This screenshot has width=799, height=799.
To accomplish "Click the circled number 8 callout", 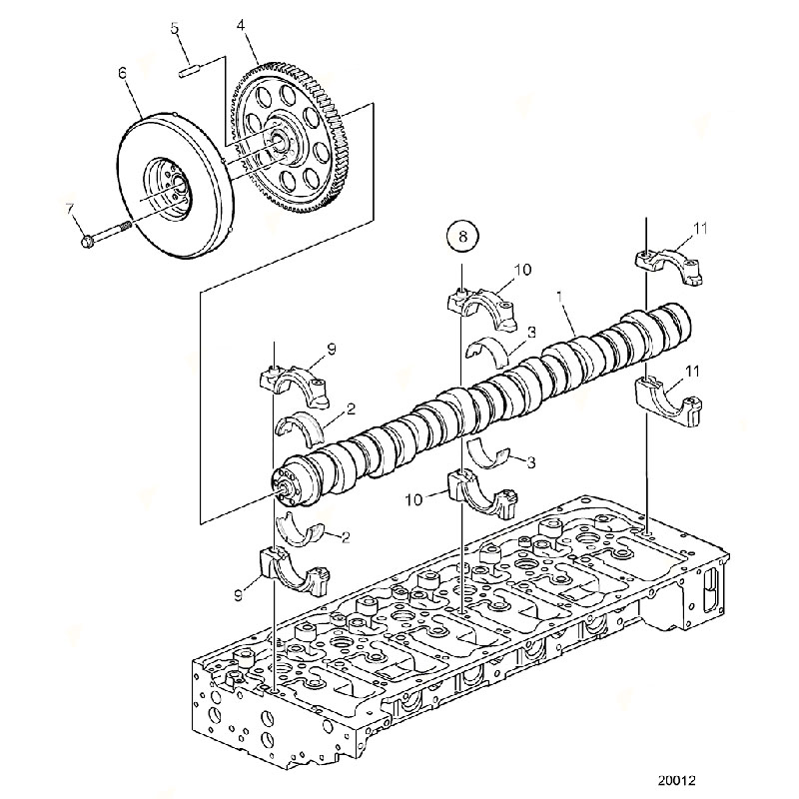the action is coord(462,237).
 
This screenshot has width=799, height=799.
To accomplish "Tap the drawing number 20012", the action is coord(676,780).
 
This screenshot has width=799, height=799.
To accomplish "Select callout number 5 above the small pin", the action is coord(175,29).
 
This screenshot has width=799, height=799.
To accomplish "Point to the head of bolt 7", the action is coord(88,240).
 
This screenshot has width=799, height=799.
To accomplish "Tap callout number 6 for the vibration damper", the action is coord(122,73).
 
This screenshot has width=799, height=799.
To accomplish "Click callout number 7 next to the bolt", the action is coord(69,209).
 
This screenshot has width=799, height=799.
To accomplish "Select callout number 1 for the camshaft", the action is coord(560,296).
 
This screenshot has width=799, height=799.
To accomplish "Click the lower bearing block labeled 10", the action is coord(483,493).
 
